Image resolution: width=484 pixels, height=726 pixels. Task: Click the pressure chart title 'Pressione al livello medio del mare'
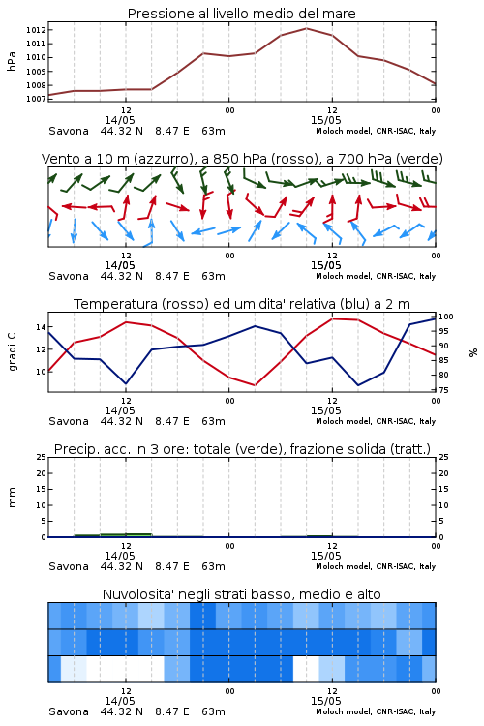241,14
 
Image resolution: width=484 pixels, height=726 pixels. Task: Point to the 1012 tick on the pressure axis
36,30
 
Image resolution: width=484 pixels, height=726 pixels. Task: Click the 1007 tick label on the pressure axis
36,99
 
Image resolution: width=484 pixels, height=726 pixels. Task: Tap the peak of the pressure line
306,28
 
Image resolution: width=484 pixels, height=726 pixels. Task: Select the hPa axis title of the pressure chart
12,61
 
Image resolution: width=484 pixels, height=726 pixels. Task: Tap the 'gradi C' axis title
13,351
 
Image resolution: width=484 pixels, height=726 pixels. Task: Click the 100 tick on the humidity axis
446,317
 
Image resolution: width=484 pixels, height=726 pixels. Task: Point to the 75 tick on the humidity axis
443,390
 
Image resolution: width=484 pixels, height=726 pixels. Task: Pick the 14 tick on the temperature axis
41,327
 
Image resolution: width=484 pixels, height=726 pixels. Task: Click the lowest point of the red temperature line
255,385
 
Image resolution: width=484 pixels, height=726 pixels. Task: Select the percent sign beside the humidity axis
473,352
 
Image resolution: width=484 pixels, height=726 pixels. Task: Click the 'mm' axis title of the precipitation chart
12,497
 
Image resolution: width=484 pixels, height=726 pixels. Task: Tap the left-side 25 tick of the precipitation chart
41,457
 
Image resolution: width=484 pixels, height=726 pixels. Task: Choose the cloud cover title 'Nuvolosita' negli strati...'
241,594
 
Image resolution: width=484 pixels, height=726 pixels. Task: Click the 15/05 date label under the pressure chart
325,120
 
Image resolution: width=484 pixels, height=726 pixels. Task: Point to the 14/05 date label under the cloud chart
119,701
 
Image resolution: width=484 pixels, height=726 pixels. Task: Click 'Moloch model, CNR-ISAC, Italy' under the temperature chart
376,421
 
